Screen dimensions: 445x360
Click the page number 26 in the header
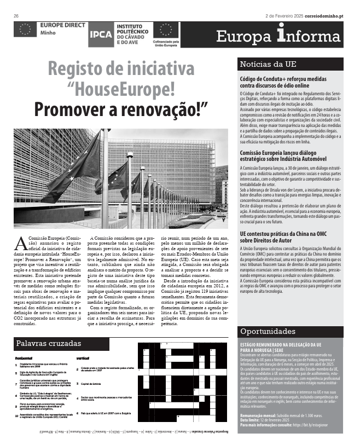pos(16,15)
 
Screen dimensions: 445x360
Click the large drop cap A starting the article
pos(20,243)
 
